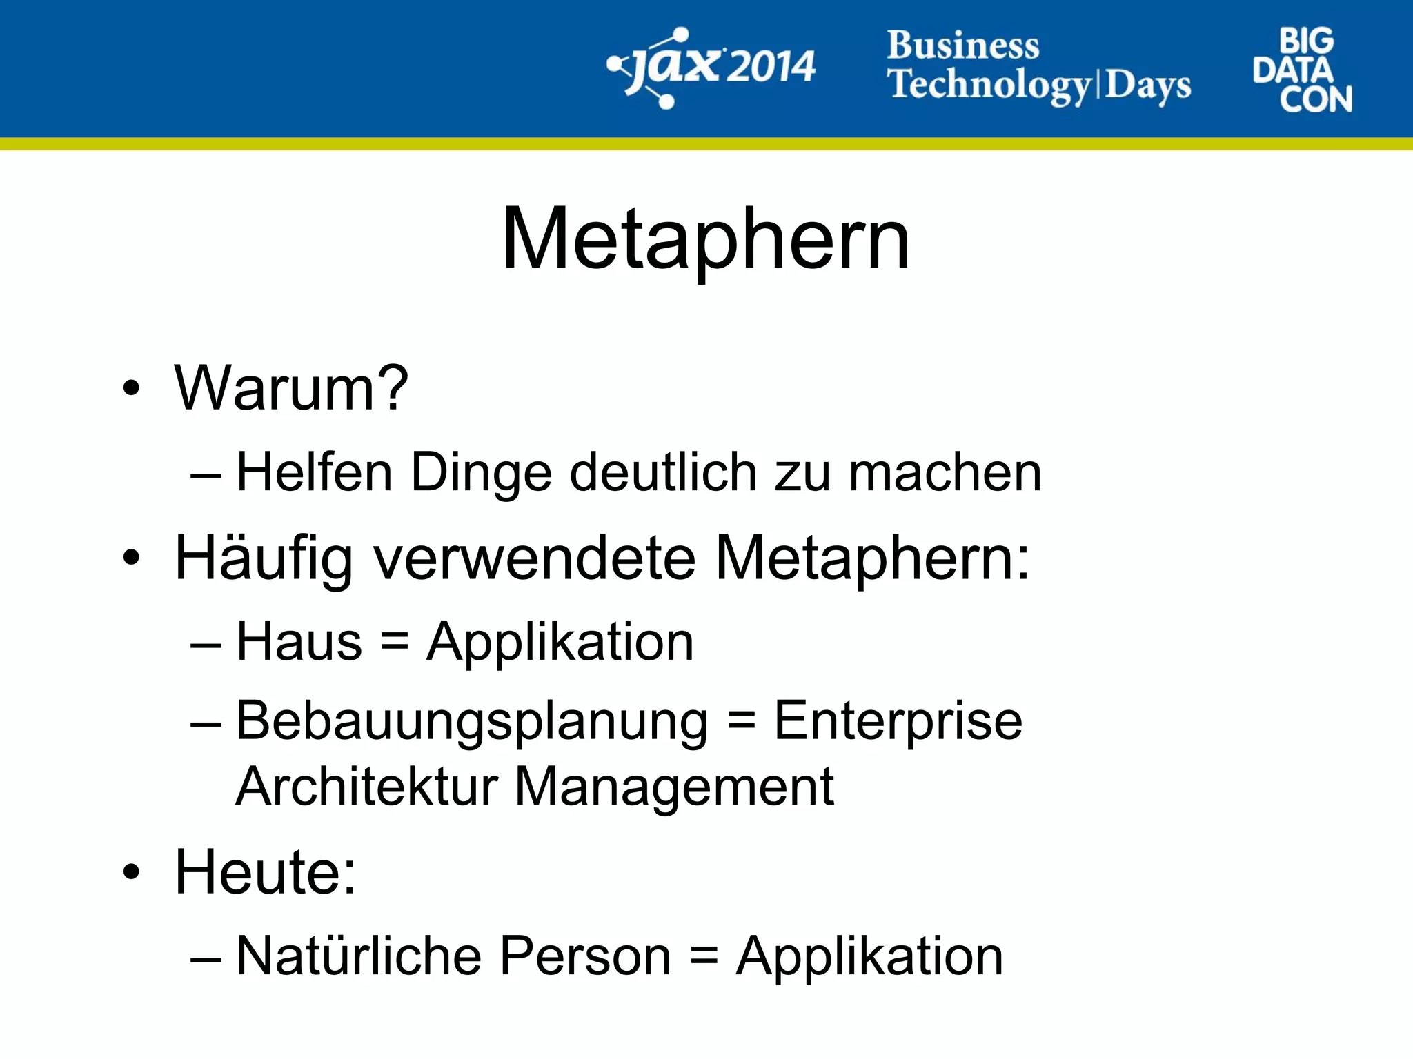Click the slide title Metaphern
pos(706,239)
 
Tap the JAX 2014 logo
pos(711,68)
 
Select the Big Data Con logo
pos(1302,70)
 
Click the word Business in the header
pos(963,46)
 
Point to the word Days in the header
pos(1148,85)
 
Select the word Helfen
pos(315,472)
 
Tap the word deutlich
pos(664,472)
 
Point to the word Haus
pos(299,642)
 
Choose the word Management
pos(674,787)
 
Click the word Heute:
pos(266,872)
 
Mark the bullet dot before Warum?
pos(131,389)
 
